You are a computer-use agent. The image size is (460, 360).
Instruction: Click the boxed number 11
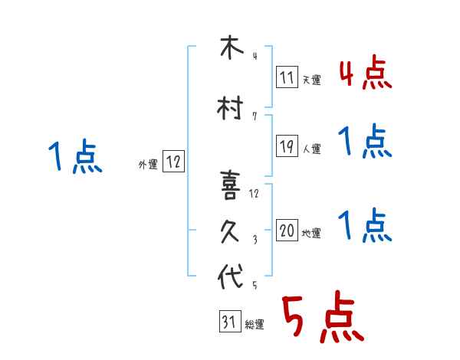(x=287, y=77)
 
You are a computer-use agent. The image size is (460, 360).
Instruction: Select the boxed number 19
(x=287, y=147)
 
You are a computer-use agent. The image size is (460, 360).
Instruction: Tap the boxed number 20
(x=287, y=231)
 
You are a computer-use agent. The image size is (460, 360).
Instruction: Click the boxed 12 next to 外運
(x=173, y=162)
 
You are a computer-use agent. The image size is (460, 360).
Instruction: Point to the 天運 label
(x=311, y=80)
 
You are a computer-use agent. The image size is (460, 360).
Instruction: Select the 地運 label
(x=311, y=233)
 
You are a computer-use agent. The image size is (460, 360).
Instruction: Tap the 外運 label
(x=148, y=163)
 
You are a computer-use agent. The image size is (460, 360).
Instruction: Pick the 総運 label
(x=255, y=325)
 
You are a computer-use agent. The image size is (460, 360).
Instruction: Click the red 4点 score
(x=365, y=74)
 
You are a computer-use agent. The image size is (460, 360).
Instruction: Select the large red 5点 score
(x=321, y=319)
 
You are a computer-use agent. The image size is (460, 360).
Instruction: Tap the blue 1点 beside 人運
(x=365, y=142)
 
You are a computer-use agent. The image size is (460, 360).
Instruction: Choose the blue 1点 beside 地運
(x=365, y=226)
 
